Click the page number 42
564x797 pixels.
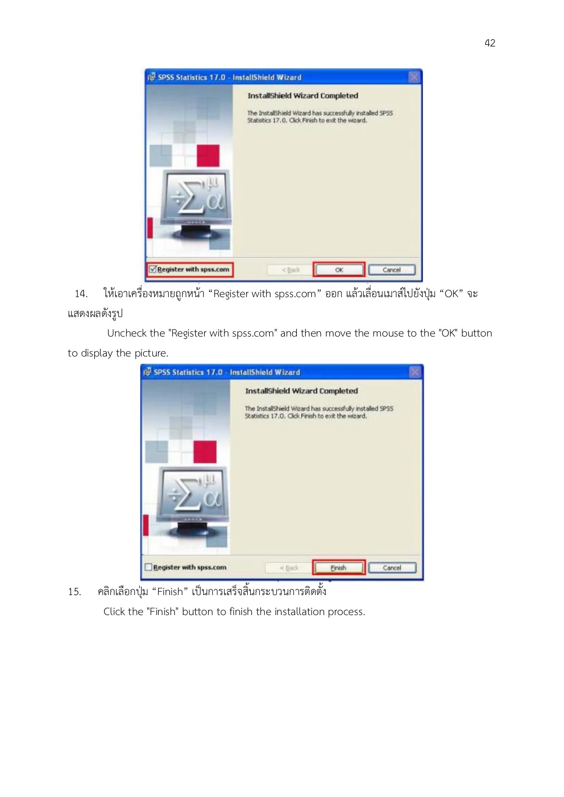[x=490, y=43]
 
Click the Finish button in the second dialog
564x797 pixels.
[x=338, y=568]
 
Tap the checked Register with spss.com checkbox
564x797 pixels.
[x=153, y=269]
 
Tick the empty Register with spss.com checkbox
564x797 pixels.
[x=148, y=567]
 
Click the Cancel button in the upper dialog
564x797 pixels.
[x=392, y=270]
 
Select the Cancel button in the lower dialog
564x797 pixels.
[x=392, y=568]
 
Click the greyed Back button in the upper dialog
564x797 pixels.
[x=291, y=270]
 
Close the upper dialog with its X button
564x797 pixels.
[x=414, y=77]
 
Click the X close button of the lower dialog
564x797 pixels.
[x=415, y=372]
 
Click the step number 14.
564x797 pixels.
[x=81, y=294]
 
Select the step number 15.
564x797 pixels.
[x=74, y=592]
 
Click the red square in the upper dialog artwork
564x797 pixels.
[x=208, y=156]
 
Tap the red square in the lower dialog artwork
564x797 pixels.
[x=205, y=452]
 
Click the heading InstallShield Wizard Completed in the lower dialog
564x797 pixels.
[x=301, y=391]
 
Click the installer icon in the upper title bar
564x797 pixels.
[x=152, y=77]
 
